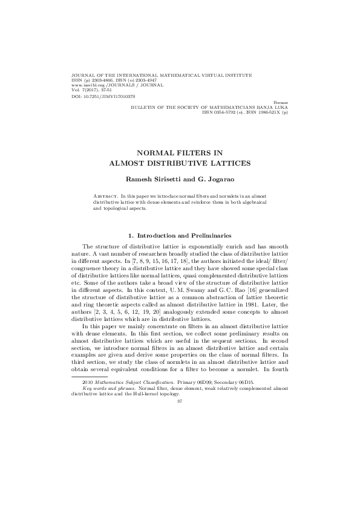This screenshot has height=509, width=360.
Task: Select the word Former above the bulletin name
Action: coord(281,103)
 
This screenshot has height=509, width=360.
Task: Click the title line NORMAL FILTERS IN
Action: coord(179,154)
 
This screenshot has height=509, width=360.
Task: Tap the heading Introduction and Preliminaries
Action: coord(183,235)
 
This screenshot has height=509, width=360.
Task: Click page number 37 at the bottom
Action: coord(179,401)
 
